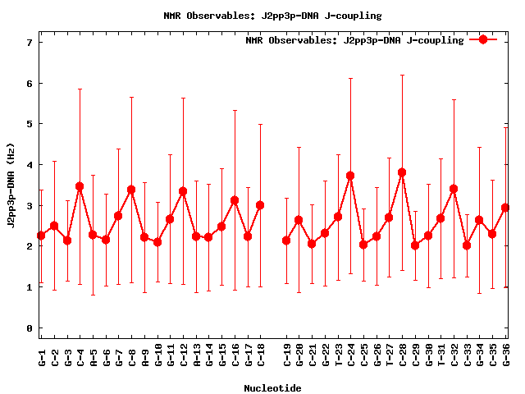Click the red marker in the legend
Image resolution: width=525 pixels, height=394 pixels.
pos(483,39)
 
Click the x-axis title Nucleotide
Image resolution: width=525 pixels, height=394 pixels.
pos(272,387)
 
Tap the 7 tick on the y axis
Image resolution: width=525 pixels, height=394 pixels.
pos(30,43)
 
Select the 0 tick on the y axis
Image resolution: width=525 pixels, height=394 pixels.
pos(30,328)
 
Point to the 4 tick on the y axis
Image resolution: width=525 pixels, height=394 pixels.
pos(30,165)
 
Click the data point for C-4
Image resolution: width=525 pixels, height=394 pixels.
pos(80,186)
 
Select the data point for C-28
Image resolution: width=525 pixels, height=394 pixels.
pos(402,172)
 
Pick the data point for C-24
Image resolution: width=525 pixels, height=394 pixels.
pos(350,176)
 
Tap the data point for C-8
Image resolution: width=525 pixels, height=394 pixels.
pos(131,190)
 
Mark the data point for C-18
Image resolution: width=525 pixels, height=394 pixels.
pos(260,205)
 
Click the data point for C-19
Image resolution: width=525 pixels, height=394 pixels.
pos(286,241)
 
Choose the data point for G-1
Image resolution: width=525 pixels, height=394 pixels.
pos(41,236)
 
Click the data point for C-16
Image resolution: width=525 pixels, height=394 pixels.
pos(235,200)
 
